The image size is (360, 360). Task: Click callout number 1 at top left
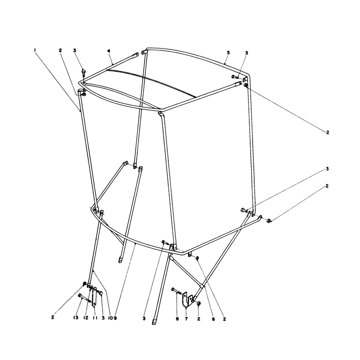[35, 49]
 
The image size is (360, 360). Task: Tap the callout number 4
[109, 51]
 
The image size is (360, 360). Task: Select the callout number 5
[228, 53]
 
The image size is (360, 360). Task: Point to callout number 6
[213, 319]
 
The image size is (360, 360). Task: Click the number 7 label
[186, 319]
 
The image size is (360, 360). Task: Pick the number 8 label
[177, 319]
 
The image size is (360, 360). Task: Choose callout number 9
[115, 318]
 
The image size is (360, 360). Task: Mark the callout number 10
[110, 318]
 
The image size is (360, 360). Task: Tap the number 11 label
[95, 318]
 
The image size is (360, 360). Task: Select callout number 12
[86, 318]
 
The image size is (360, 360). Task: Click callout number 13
[76, 318]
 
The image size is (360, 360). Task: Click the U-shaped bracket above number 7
[185, 299]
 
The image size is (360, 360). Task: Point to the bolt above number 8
[176, 291]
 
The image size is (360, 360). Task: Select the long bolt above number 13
[85, 298]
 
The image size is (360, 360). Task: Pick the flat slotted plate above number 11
[94, 297]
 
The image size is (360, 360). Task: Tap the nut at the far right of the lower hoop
[269, 221]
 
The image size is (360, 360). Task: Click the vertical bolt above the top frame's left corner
[84, 72]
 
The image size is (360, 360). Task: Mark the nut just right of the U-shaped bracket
[199, 303]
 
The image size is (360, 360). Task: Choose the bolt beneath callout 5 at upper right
[235, 76]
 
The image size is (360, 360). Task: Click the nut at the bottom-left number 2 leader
[85, 284]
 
